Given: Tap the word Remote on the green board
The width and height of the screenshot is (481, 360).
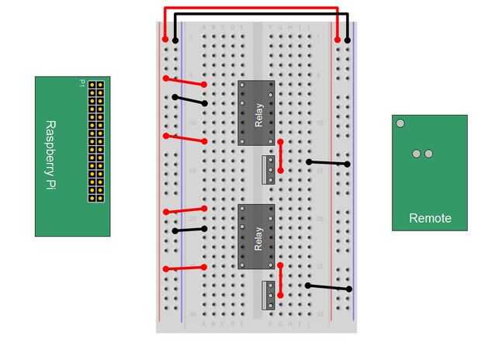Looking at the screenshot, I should (x=430, y=219).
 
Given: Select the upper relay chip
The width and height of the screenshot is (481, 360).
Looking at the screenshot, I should (x=257, y=112).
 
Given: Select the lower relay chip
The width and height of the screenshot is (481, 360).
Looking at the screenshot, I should (x=257, y=237).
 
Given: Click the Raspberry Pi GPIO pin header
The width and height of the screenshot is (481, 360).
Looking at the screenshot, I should (x=95, y=140).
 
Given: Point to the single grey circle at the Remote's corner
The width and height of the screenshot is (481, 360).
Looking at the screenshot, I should (x=400, y=123).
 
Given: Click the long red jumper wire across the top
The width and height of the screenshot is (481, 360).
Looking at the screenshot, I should (x=251, y=9).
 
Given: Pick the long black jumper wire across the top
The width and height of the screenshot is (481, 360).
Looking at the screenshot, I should (x=261, y=15).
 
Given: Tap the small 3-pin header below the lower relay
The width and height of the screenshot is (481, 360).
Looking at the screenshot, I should (x=268, y=295).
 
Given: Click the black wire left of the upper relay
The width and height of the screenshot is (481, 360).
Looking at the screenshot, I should (x=189, y=100).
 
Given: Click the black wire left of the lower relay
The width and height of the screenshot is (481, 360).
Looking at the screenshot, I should (x=189, y=230).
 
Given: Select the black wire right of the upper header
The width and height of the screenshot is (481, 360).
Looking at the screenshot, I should (x=327, y=163).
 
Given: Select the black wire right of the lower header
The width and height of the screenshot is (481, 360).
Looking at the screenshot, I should (x=328, y=287).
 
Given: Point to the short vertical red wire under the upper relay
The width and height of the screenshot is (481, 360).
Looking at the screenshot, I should (x=280, y=156).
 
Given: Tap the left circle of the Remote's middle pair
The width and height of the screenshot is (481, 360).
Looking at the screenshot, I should (x=416, y=154).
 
